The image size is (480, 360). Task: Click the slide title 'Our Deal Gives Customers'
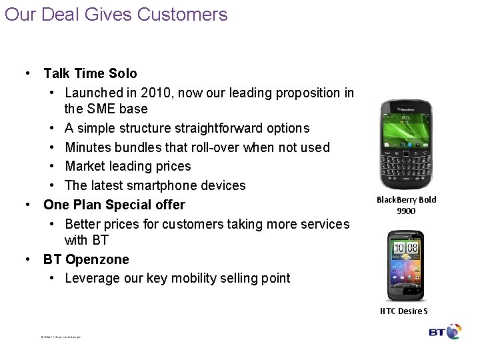click(116, 14)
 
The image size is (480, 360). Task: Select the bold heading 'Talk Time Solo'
click(90, 73)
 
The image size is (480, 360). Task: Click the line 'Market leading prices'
click(128, 166)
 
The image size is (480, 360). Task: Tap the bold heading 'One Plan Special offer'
click(114, 204)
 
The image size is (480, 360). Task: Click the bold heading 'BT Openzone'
click(86, 259)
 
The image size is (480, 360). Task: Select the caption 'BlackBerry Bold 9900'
click(406, 205)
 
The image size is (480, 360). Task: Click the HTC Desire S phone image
click(406, 264)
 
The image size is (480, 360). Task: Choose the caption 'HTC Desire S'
click(404, 311)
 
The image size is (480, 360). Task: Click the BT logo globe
click(454, 331)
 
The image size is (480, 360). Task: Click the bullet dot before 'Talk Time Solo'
click(28, 73)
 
